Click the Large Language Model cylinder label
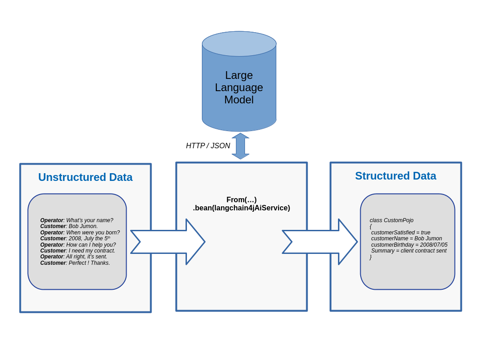(x=239, y=88)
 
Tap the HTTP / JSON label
(x=208, y=146)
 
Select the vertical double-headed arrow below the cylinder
(x=240, y=146)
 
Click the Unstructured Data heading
(x=85, y=177)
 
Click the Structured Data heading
(x=395, y=176)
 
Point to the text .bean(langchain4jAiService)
(x=241, y=208)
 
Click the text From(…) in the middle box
(x=241, y=199)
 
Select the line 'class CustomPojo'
(x=392, y=220)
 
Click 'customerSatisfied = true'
(x=401, y=233)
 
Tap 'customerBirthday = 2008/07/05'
(x=409, y=245)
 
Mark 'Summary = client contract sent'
(x=408, y=251)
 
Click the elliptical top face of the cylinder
(x=239, y=44)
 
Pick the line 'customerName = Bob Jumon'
(x=407, y=238)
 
